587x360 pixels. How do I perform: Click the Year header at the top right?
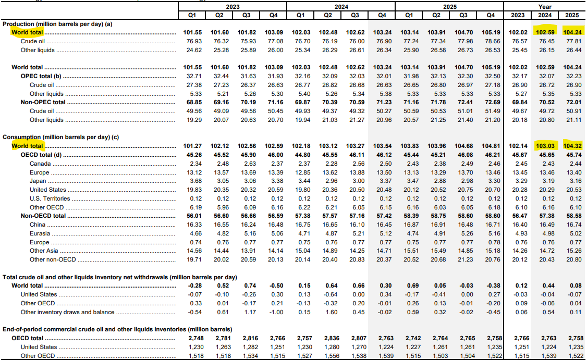coord(545,7)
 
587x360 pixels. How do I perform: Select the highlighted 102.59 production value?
coord(545,32)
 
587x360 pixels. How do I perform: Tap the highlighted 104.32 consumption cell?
coord(572,146)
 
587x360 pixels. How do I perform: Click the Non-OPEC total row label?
coord(43,102)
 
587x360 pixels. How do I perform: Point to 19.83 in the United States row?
coord(194,190)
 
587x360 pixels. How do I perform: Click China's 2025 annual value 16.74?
coord(574,225)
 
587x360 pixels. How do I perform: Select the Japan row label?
coord(38,181)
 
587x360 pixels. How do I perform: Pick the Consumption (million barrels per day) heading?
coord(60,137)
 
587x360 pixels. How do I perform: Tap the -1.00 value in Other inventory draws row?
coord(276,312)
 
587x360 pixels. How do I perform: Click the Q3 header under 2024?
coord(355,15)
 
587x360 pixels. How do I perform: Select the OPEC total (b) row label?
coord(41,76)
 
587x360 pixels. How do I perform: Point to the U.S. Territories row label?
coord(50,198)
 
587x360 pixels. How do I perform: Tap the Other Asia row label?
coord(44,251)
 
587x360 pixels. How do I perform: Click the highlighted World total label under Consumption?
coord(27,146)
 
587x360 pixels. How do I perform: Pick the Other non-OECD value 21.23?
coord(466,259)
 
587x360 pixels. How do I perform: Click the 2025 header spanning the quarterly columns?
coord(449,7)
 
